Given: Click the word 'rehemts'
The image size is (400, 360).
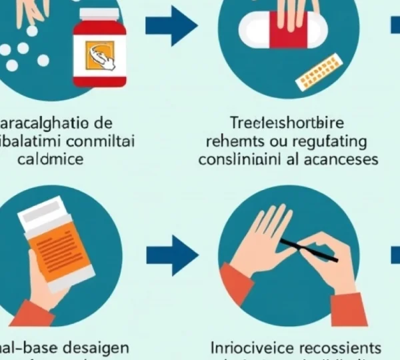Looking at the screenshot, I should pyautogui.click(x=231, y=142).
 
